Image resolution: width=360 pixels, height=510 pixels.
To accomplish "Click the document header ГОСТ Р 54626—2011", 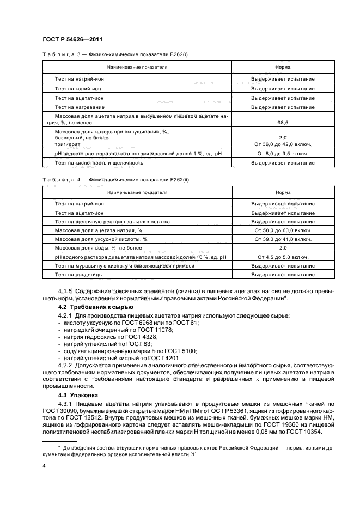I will point(72,39).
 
